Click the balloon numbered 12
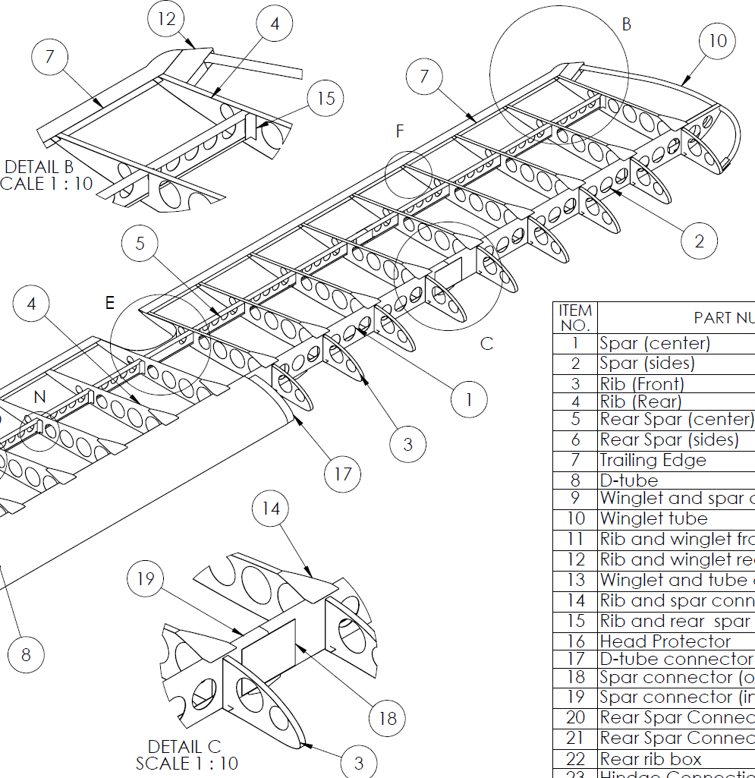(x=167, y=19)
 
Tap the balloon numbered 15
(x=326, y=98)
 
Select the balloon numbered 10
(x=718, y=41)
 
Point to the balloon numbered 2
(x=699, y=241)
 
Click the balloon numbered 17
(x=343, y=474)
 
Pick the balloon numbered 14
(x=271, y=509)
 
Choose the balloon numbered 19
(x=146, y=579)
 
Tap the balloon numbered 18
(x=388, y=717)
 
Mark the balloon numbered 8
(x=26, y=654)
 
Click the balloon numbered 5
(x=140, y=244)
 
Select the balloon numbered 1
(x=469, y=399)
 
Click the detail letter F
(x=400, y=131)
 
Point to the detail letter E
(x=110, y=303)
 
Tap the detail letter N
(x=40, y=397)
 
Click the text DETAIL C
(x=184, y=747)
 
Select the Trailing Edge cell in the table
(x=653, y=460)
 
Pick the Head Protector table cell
(x=654, y=641)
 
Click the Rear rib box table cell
(x=651, y=758)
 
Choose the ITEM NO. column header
(x=575, y=317)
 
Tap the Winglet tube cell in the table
(x=654, y=518)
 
